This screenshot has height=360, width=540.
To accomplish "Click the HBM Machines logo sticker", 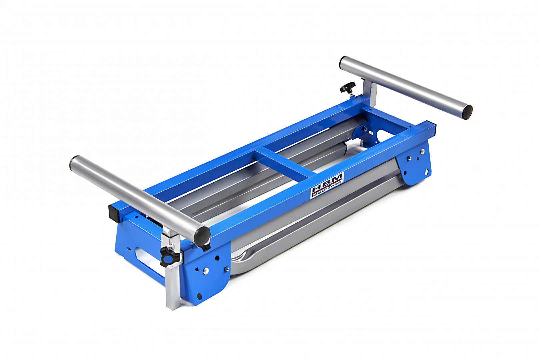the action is pos(327,185).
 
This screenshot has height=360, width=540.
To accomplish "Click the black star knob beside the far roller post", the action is pos(348,88).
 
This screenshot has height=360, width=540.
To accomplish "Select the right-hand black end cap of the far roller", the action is pos(466,112).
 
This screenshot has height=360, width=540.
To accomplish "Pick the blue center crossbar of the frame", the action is pos(285,163).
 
